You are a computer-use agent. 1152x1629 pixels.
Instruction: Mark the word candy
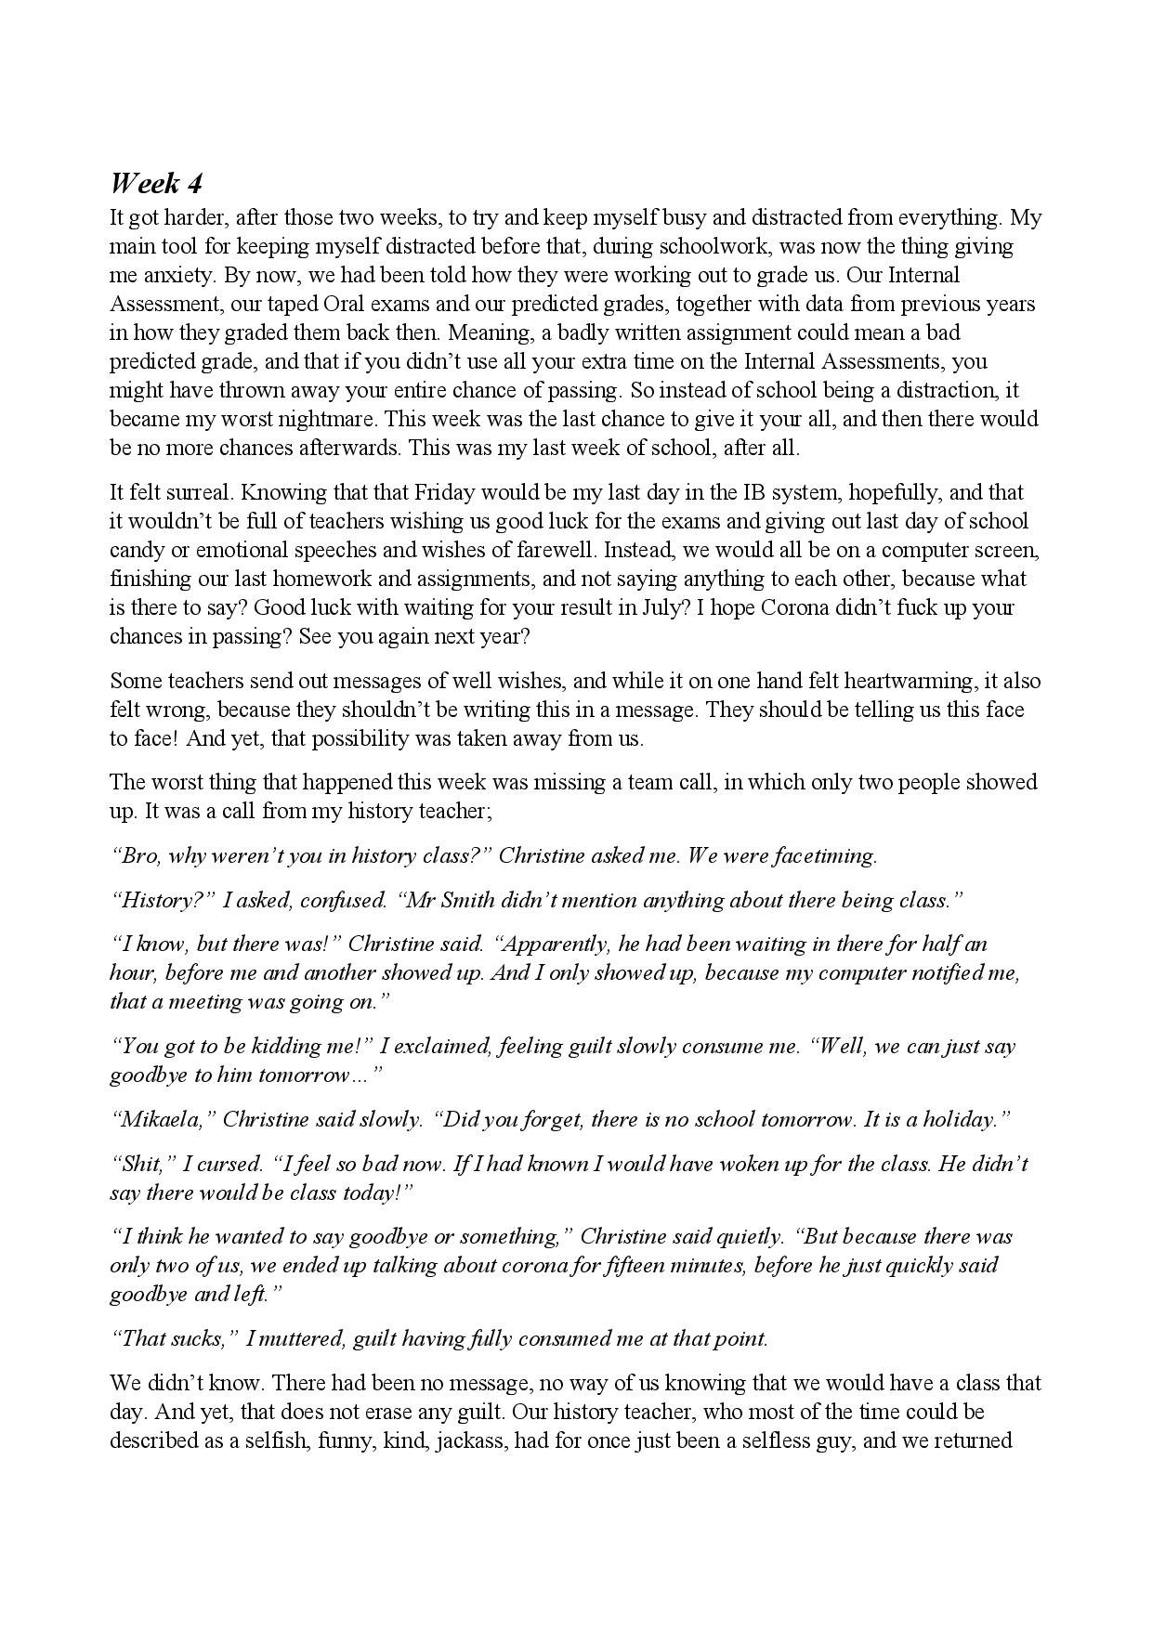tap(137, 550)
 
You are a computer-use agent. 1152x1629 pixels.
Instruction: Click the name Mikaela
tap(163, 1119)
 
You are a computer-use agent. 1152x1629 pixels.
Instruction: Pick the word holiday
tap(960, 1119)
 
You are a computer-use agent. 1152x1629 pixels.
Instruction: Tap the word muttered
tap(293, 1338)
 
